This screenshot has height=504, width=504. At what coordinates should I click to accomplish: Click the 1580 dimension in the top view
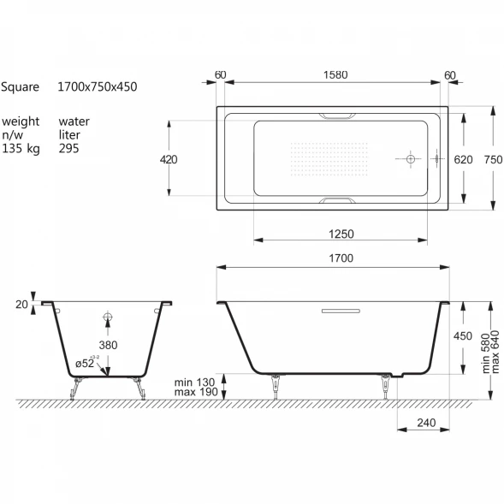[x=335, y=75]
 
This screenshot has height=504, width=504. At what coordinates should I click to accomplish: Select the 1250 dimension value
[x=341, y=234]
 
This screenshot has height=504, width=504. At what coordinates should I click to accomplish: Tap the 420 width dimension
[x=169, y=159]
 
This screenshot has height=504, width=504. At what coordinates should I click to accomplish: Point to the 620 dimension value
[x=463, y=159]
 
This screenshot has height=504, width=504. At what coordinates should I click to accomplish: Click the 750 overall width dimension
[x=494, y=159]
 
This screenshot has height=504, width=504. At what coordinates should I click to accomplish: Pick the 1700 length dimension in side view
[x=341, y=258]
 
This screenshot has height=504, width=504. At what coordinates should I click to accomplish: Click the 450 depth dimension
[x=463, y=336]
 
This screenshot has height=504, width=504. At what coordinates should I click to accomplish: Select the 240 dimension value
[x=426, y=423]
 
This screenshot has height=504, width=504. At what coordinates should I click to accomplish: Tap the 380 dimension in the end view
[x=108, y=345]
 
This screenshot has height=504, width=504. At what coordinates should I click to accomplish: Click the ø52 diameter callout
[x=85, y=364]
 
